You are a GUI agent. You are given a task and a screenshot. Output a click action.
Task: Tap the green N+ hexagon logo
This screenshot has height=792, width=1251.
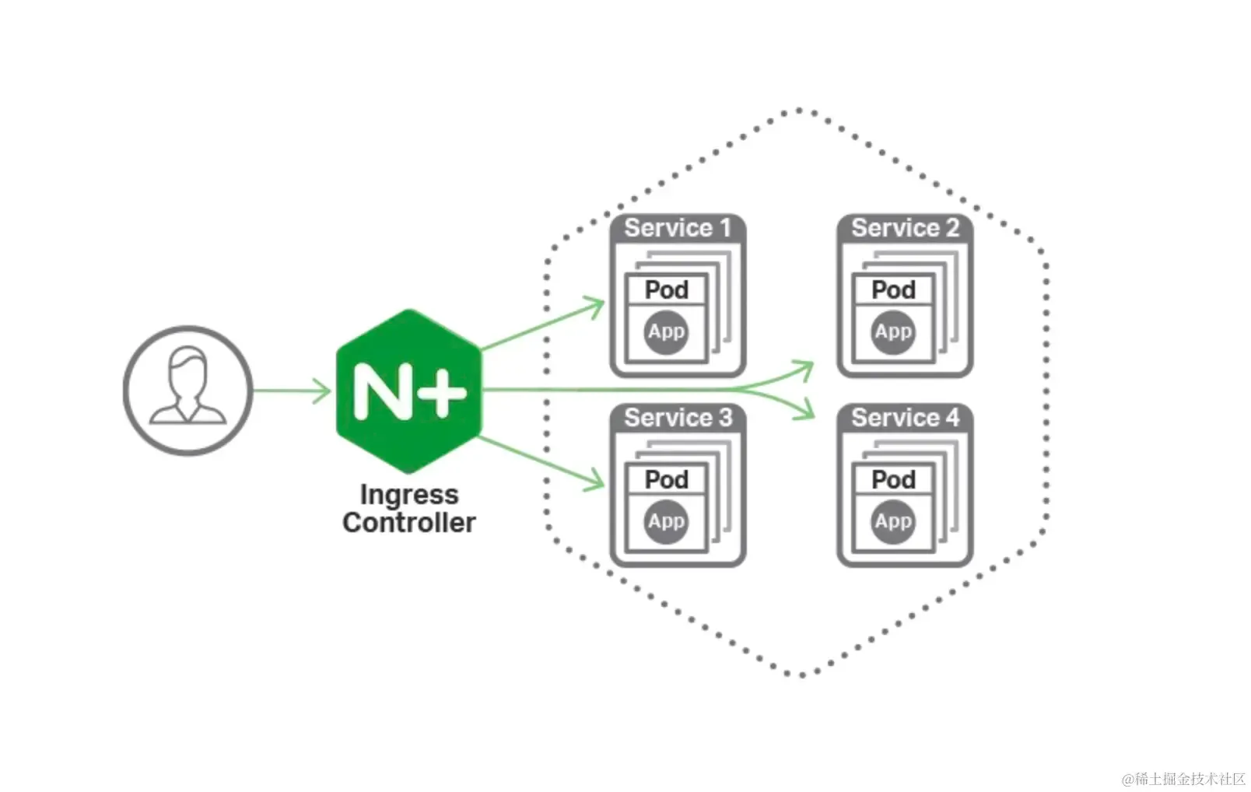tap(408, 391)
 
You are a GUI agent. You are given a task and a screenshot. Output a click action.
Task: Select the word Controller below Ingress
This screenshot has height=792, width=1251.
tap(408, 523)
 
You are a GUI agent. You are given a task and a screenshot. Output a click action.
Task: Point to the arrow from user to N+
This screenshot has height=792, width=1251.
tap(292, 391)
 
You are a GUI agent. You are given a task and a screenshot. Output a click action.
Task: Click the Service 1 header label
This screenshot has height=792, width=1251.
tap(678, 228)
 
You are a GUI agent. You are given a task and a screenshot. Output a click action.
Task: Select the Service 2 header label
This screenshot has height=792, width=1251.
tap(905, 228)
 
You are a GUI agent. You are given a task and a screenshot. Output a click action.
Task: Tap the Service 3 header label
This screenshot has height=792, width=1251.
tap(678, 418)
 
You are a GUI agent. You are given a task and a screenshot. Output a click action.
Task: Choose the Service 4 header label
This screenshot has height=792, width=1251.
tap(905, 418)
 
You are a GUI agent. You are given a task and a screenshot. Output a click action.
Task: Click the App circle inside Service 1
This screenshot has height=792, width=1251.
tap(666, 332)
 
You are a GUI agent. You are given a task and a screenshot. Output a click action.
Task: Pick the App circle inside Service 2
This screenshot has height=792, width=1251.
tap(893, 332)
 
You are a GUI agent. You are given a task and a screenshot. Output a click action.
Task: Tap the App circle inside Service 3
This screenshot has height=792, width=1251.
tap(666, 522)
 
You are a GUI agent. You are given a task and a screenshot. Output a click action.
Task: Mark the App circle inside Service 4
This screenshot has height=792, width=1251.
tap(893, 522)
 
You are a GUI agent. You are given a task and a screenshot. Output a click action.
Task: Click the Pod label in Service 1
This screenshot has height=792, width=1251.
tap(666, 290)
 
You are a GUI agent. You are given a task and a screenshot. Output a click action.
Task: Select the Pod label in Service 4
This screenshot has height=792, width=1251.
tap(894, 480)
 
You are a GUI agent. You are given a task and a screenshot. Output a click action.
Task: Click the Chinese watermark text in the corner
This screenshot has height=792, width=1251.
tap(1184, 779)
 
